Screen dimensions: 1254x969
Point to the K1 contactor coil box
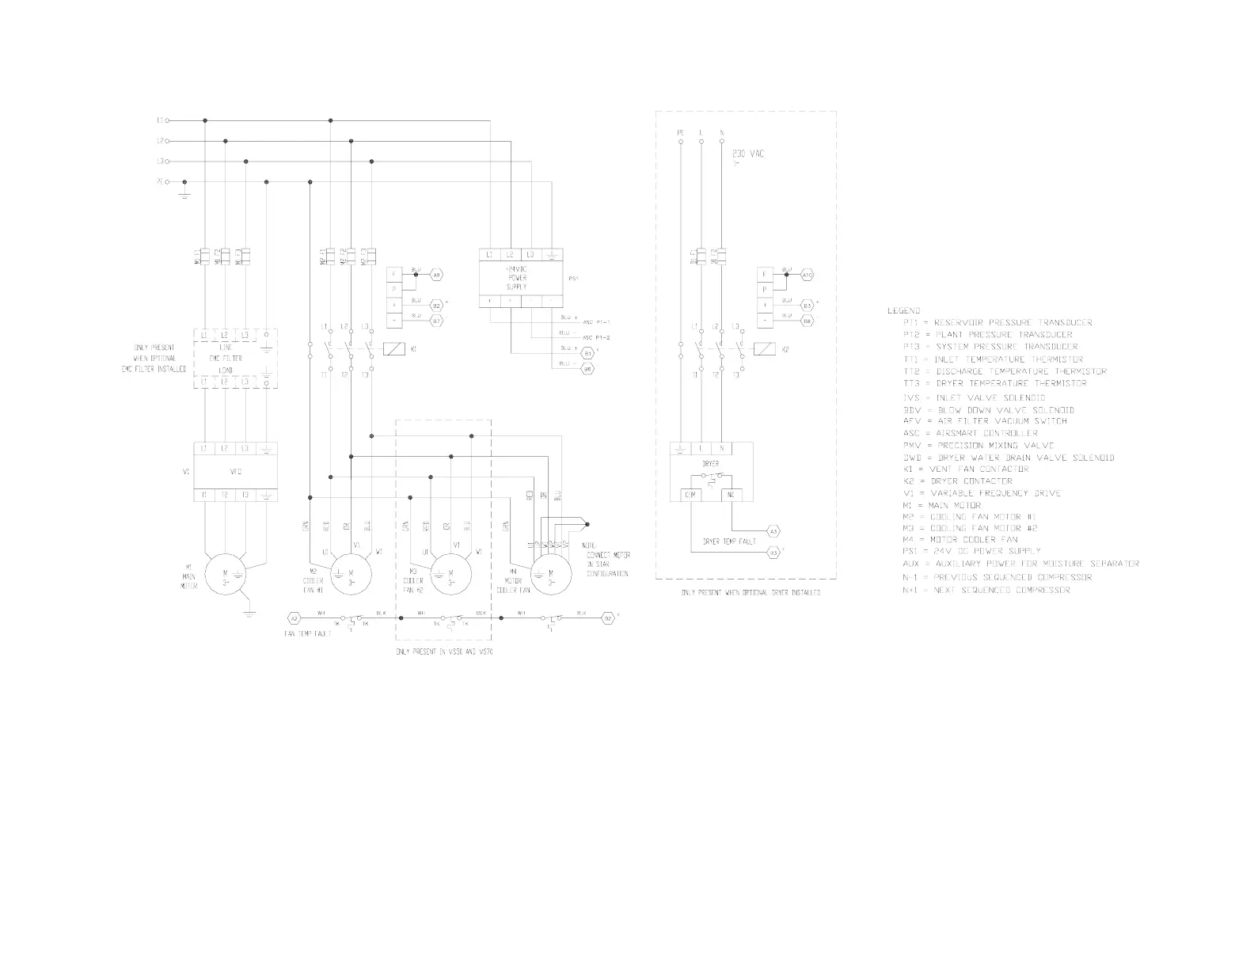tap(394, 348)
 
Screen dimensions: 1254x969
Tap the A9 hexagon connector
tap(436, 275)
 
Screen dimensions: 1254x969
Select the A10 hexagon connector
tap(807, 275)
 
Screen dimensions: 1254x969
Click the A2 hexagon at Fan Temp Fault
tap(293, 617)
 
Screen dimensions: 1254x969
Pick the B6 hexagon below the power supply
tap(588, 368)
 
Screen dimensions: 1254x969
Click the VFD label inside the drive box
tap(235, 472)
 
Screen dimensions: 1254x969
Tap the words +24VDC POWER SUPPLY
tap(517, 278)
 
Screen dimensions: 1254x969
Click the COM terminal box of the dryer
tap(682, 495)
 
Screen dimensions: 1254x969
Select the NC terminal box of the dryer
tap(731, 495)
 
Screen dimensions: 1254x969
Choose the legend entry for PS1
tap(971, 551)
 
